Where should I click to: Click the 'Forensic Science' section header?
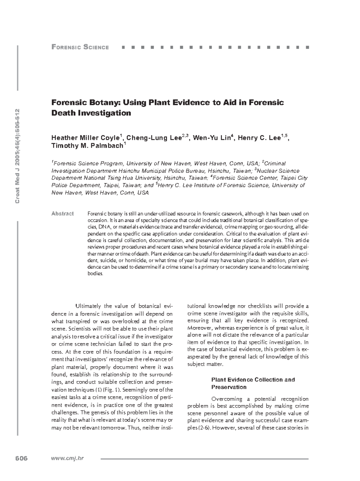(80, 47)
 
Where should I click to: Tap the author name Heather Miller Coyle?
(85, 138)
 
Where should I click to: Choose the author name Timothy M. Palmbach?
(87, 146)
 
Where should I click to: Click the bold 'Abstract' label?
(62, 214)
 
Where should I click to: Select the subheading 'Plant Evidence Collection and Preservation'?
(253, 383)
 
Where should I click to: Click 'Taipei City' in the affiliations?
(295, 178)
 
